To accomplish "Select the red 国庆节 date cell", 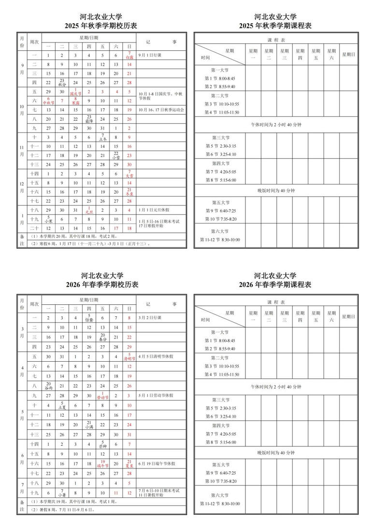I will [x=75, y=92].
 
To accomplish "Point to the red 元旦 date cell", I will [x=89, y=210].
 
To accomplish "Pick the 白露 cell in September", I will [x=129, y=55].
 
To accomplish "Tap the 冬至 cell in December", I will [x=129, y=191].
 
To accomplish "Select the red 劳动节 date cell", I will [x=102, y=396].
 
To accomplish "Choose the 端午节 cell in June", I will [x=102, y=464].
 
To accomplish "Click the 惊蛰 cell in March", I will [x=89, y=318].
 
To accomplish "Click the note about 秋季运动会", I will [x=161, y=110].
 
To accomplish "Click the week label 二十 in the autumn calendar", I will [x=34, y=227].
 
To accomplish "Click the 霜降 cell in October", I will [x=89, y=119].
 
